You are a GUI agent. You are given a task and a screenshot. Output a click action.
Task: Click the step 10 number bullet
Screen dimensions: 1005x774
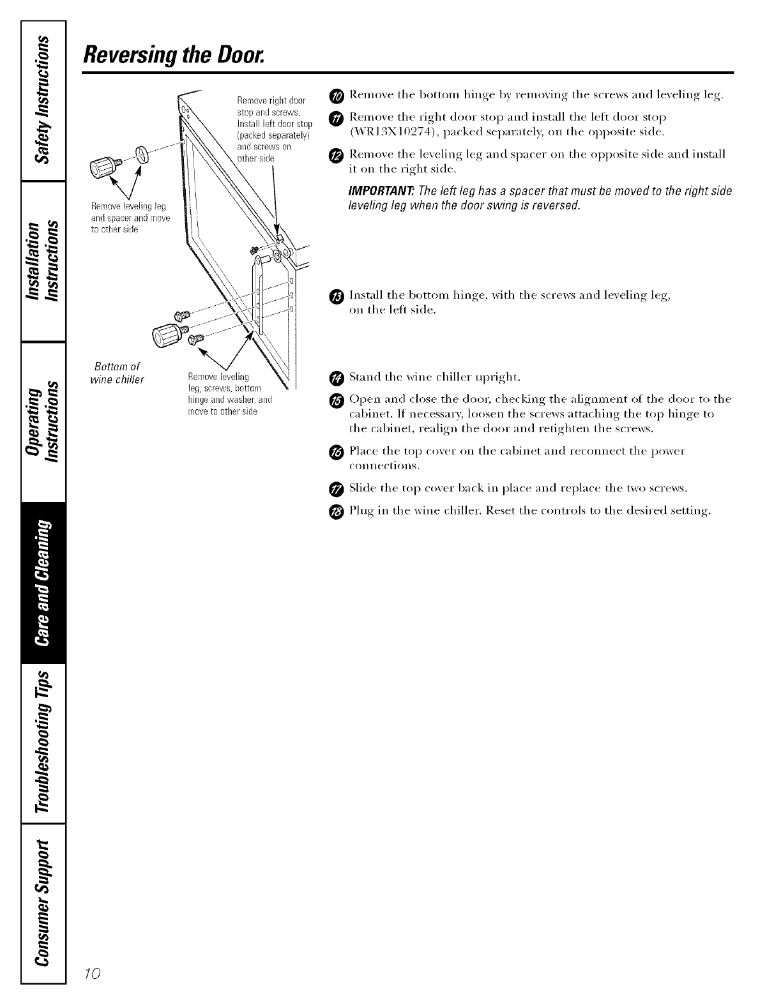coord(338,96)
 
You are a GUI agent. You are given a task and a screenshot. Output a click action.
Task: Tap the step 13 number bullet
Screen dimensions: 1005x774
coord(338,296)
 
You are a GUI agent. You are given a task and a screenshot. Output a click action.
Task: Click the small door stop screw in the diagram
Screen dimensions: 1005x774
coord(255,248)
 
